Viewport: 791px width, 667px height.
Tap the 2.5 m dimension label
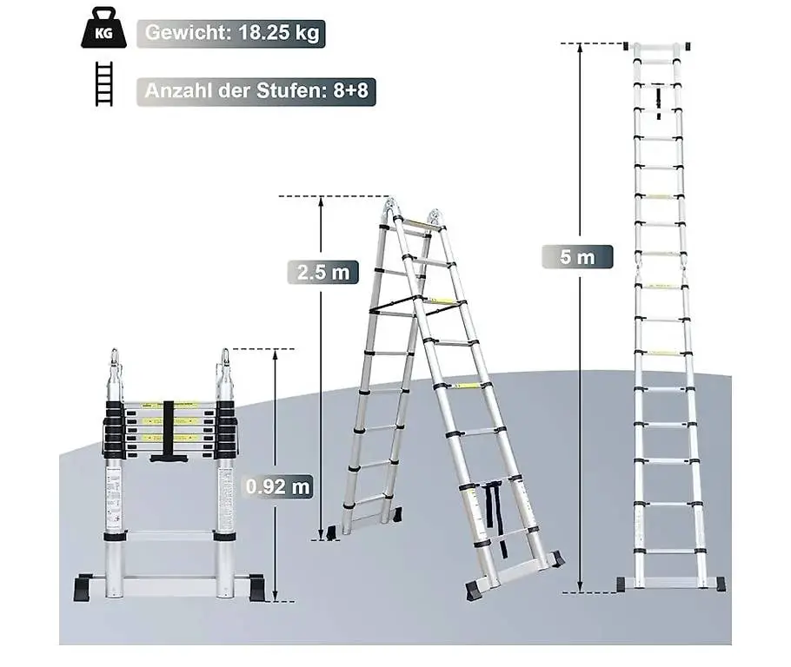coord(322,272)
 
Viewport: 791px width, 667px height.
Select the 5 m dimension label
coord(576,257)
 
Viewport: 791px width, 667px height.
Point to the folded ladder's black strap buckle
coord(164,454)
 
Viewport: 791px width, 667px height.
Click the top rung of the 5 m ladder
coord(660,46)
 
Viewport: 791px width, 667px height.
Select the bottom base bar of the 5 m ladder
coord(670,583)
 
